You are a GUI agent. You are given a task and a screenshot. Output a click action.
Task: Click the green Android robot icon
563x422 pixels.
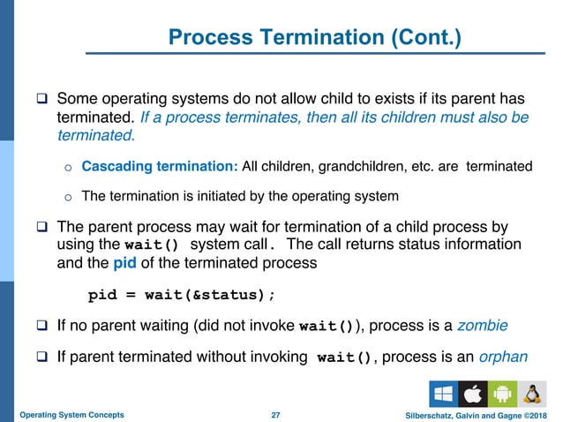[x=502, y=393]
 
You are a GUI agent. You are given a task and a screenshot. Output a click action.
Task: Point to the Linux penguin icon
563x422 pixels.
[x=532, y=393]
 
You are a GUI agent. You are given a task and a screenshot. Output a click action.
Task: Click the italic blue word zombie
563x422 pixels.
[x=482, y=326]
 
